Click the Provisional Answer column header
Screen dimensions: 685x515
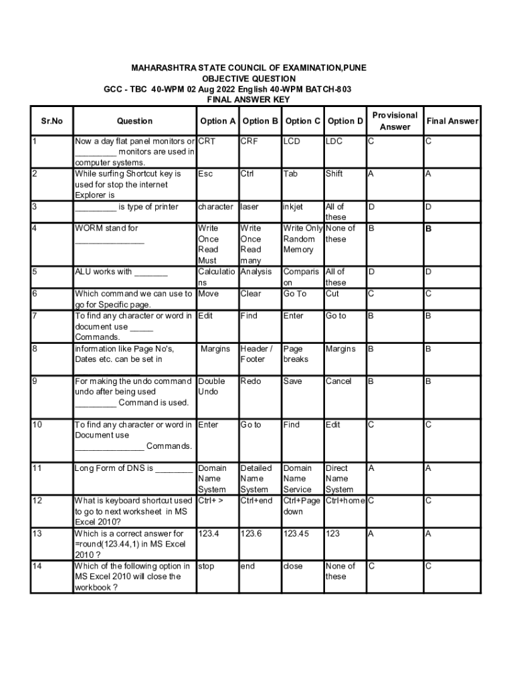point(395,121)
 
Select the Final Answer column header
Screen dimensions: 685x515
point(453,121)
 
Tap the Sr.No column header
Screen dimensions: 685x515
point(51,121)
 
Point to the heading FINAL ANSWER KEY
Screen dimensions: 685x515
point(248,99)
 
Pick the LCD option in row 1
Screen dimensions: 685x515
point(292,141)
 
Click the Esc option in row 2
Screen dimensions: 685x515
point(205,174)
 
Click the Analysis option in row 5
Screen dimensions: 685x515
point(256,272)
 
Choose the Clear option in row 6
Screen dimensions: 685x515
point(251,294)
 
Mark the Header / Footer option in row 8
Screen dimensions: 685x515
point(256,354)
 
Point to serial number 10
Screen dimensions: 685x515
point(37,425)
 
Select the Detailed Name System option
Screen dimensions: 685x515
point(256,479)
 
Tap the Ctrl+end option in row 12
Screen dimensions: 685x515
point(256,501)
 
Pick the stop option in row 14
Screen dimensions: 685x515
point(206,566)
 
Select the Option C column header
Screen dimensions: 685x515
point(302,121)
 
